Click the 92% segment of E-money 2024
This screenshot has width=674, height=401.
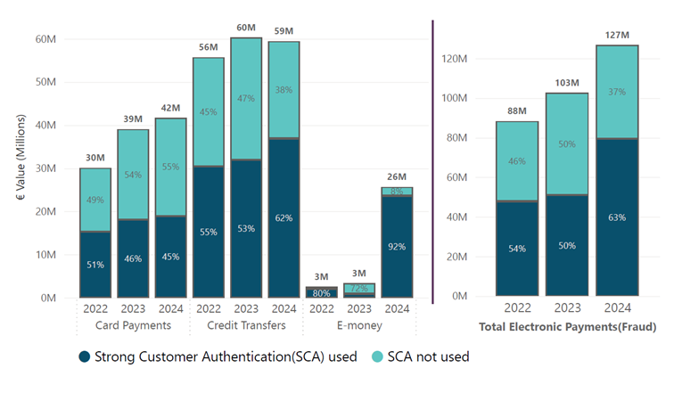point(398,247)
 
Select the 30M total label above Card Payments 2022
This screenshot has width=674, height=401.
point(95,159)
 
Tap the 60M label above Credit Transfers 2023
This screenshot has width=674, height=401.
point(246,28)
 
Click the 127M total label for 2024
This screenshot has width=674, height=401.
point(617,36)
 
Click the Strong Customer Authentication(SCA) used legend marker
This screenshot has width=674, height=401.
point(85,356)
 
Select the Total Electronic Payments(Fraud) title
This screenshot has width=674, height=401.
point(568,327)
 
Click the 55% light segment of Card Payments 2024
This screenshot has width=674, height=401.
point(170,167)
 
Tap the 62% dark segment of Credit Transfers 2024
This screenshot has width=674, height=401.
point(284,217)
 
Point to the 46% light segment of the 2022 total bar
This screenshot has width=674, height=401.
point(517,161)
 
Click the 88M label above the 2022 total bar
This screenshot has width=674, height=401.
point(517,111)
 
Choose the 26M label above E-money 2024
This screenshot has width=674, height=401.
point(398,176)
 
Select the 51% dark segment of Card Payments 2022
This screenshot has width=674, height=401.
point(95,264)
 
